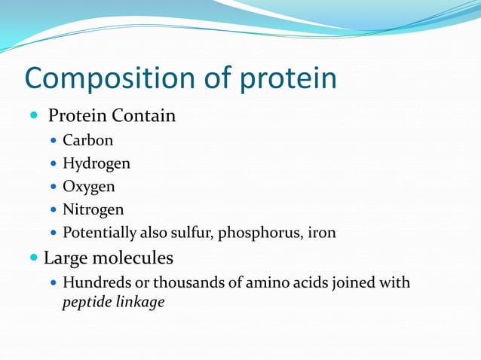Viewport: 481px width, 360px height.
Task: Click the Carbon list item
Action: (87, 140)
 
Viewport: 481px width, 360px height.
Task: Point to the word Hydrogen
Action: (96, 163)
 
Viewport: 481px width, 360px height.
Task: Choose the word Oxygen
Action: (88, 186)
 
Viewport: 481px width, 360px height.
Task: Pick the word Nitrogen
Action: (93, 209)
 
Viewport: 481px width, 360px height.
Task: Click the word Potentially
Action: (100, 233)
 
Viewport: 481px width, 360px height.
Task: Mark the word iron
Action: (321, 233)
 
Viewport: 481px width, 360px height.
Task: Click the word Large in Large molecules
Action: (66, 258)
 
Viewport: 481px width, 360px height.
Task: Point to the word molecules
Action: (133, 258)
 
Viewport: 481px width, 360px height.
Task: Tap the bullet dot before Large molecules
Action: (34, 258)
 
